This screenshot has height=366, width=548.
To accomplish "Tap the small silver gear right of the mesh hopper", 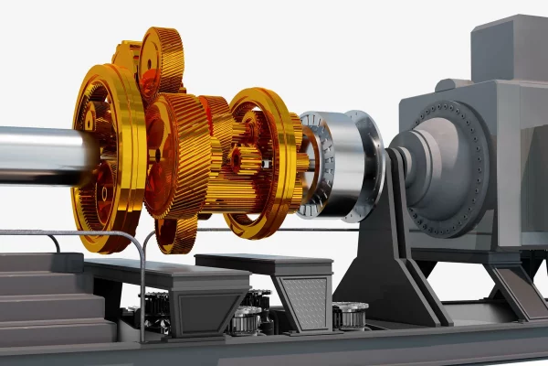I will [x=350, y=315].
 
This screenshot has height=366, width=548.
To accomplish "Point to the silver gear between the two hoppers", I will [x=247, y=319].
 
